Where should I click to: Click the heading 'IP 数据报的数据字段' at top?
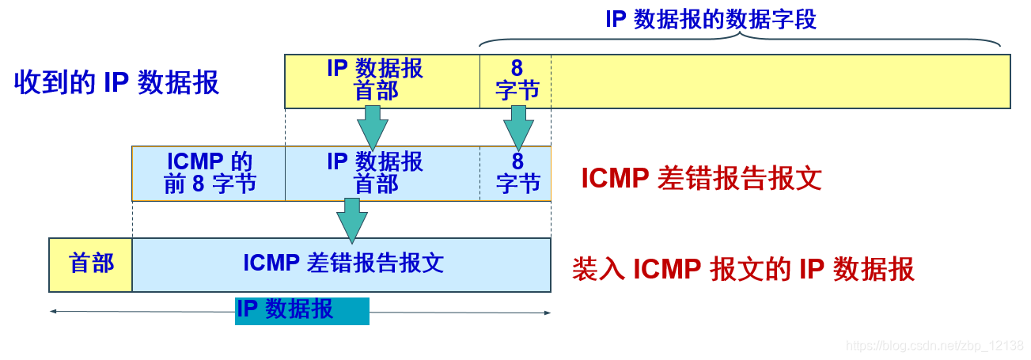[x=711, y=19]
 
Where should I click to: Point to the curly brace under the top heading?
[x=740, y=39]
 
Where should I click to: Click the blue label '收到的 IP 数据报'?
[x=116, y=82]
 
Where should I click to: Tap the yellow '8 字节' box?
[x=515, y=81]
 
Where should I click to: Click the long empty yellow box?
[x=780, y=81]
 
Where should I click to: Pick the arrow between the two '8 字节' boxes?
[x=518, y=127]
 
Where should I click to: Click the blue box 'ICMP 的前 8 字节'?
[x=209, y=173]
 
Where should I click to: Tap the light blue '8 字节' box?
[x=515, y=173]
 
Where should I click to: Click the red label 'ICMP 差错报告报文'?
[x=701, y=179]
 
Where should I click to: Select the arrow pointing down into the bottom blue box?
[x=351, y=220]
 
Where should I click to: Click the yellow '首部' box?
[x=91, y=264]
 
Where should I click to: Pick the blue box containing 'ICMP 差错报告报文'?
[x=341, y=264]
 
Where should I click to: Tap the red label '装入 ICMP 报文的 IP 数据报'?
[x=743, y=270]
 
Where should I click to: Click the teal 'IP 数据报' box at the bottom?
[x=302, y=311]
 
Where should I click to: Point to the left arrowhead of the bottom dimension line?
[x=53, y=312]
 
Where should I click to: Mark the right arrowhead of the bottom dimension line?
[x=547, y=313]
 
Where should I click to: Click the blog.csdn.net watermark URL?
[x=934, y=346]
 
